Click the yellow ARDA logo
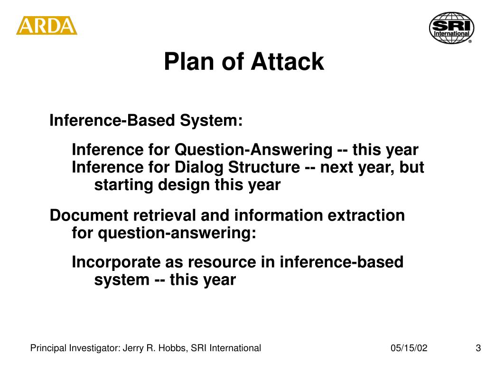pos(47,26)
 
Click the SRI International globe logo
pos(452,28)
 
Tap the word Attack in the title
pos(287,61)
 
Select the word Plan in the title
pos(189,61)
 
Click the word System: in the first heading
pos(211,120)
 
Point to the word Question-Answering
pos(253,150)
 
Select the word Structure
pos(264,167)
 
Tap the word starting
pos(124,185)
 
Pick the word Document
pos(89,215)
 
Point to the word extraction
pos(366,215)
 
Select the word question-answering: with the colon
pos(177,233)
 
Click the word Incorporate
pos(116,262)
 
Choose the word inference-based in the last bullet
pos(342,262)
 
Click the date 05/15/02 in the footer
pos(409,348)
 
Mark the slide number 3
pos(478,348)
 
